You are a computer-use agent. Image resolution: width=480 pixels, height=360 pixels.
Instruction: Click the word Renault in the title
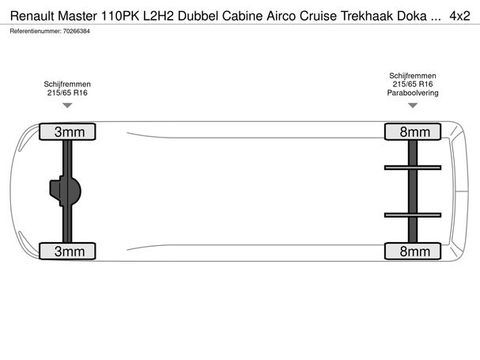[32, 16]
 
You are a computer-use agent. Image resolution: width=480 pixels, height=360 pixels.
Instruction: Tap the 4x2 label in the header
[459, 16]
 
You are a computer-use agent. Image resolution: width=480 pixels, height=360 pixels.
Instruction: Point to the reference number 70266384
[76, 31]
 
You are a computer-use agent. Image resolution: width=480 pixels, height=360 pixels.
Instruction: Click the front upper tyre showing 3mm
[67, 132]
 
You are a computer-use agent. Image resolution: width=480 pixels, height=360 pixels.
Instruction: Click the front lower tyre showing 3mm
[67, 252]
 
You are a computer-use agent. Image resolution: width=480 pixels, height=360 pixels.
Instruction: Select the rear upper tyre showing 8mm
[413, 132]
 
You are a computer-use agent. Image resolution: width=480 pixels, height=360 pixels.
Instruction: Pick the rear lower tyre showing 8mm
[413, 252]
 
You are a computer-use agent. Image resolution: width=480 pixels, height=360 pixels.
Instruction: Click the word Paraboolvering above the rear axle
[413, 93]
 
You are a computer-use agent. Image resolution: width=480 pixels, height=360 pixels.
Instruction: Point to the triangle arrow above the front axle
[67, 105]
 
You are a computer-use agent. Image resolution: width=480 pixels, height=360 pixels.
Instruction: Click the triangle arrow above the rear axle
[413, 105]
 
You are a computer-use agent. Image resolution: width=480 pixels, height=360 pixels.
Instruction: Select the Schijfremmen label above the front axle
[67, 84]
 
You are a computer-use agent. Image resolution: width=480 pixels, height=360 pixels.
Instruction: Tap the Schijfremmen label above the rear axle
[413, 76]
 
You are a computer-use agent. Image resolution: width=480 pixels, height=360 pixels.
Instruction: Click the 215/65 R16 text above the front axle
[67, 93]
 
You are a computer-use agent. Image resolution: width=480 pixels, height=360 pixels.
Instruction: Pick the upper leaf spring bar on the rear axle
[413, 168]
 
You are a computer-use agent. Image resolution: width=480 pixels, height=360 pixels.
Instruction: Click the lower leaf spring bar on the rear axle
[413, 215]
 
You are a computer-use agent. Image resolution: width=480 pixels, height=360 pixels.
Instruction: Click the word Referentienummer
[36, 31]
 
